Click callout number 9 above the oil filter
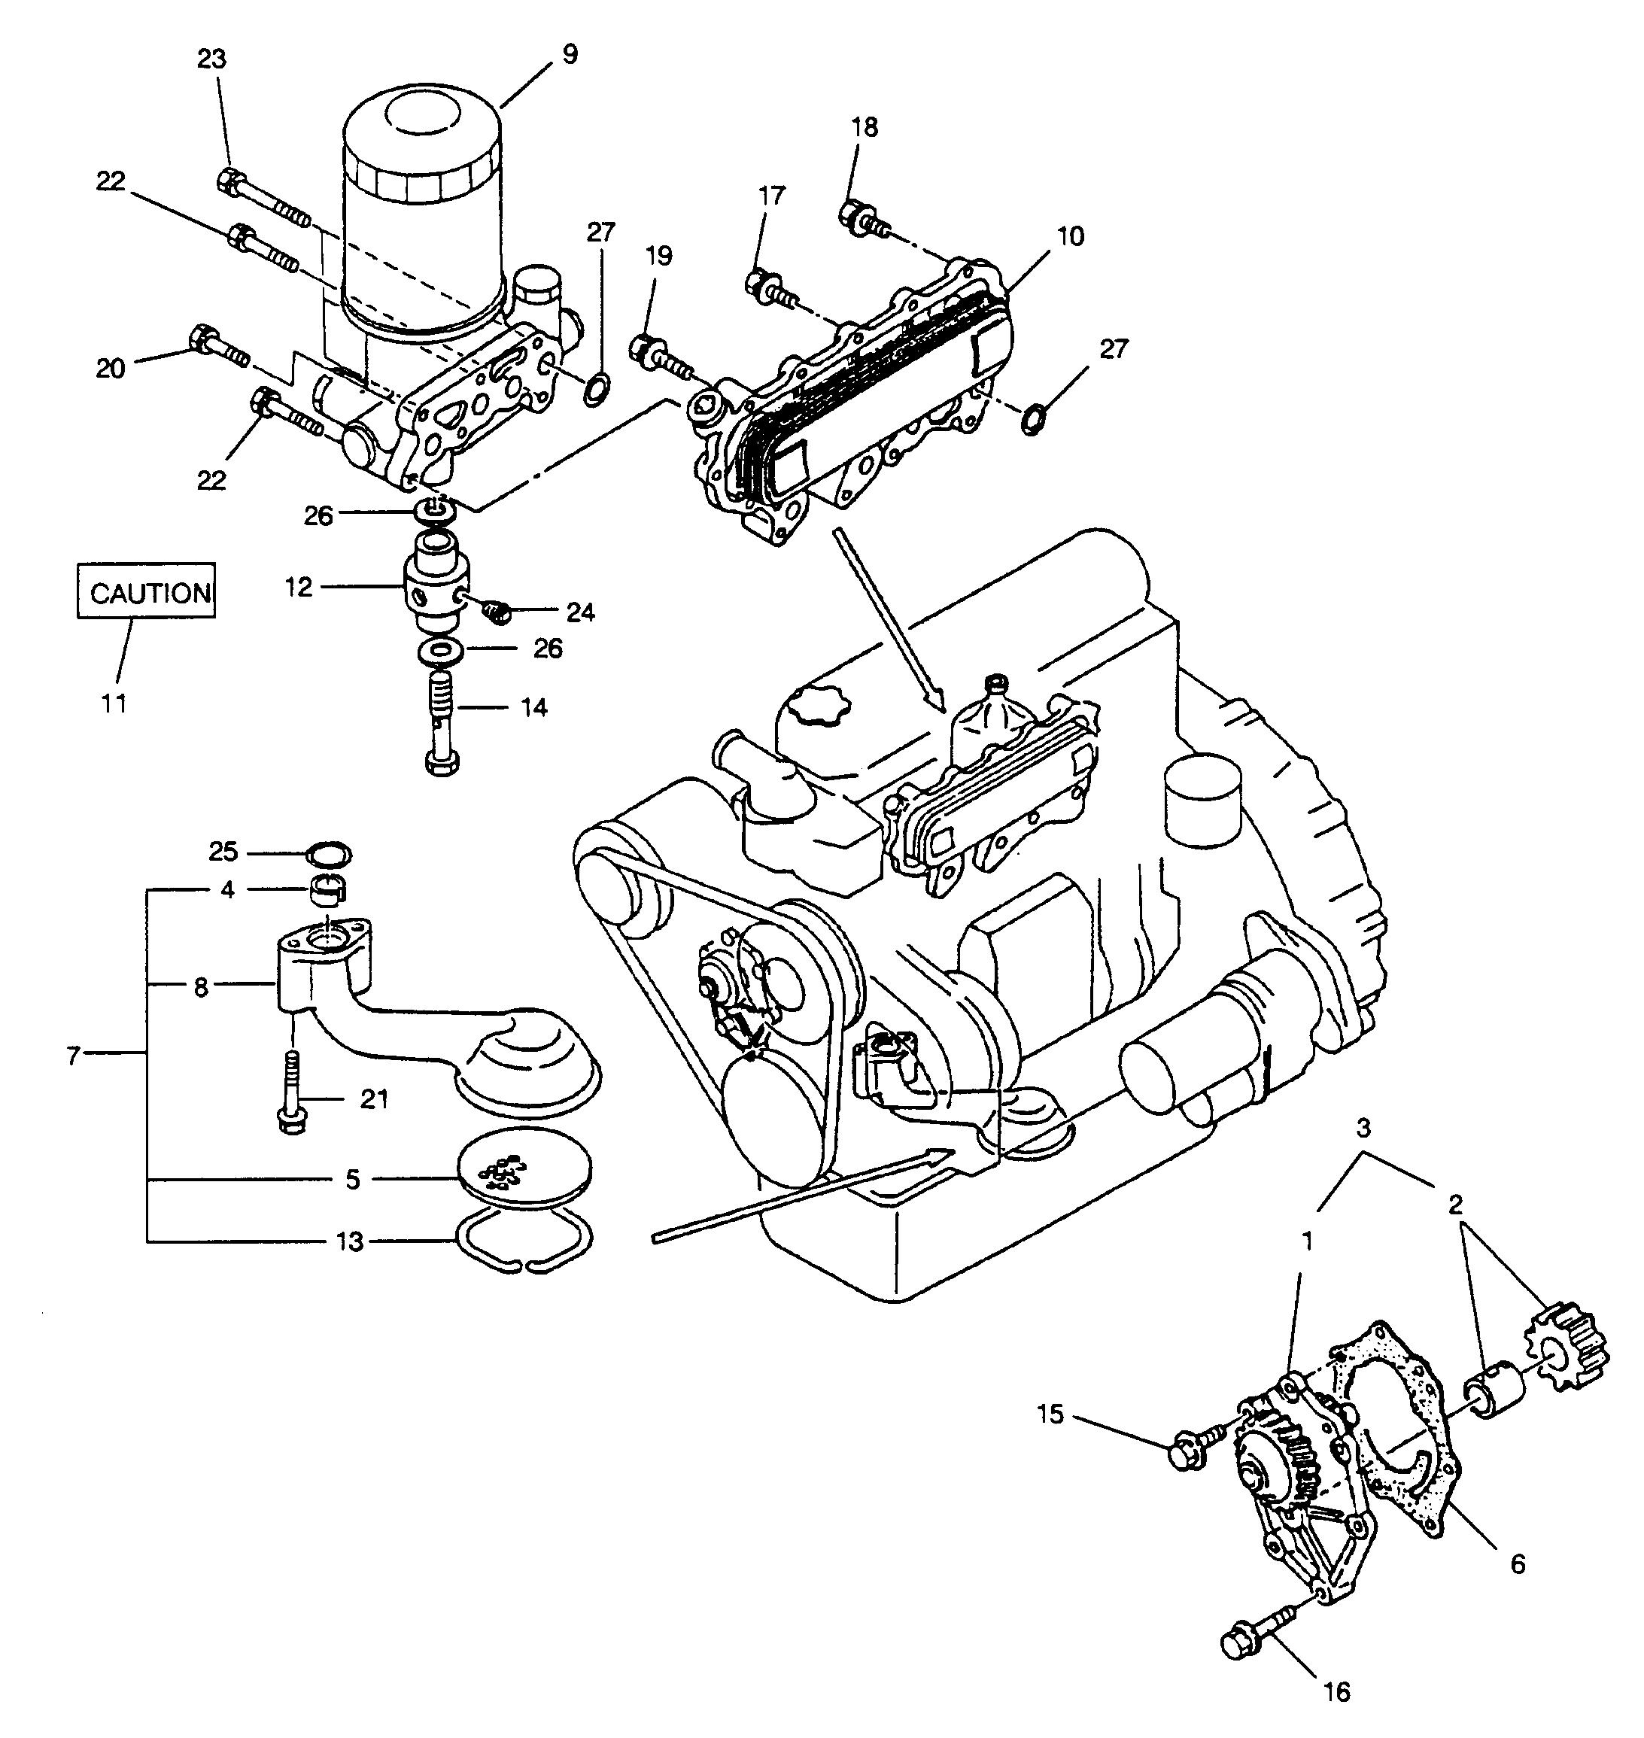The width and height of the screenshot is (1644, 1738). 570,54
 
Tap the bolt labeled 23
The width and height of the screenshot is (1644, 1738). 262,198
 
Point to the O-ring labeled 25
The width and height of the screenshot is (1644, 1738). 328,851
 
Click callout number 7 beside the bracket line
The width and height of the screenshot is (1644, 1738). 74,1056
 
